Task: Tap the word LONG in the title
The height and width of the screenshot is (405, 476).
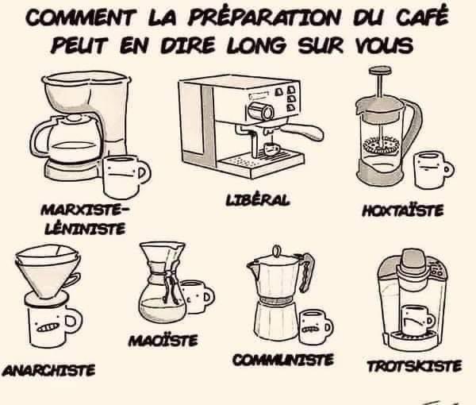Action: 256,45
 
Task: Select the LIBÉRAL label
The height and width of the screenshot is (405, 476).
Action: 257,200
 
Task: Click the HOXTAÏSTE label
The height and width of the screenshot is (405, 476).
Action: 403,210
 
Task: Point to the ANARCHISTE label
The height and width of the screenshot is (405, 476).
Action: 48,370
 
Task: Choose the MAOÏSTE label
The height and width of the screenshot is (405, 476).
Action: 163,341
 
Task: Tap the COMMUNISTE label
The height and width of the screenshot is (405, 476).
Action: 283,360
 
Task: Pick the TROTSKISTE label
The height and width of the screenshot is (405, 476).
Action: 414,366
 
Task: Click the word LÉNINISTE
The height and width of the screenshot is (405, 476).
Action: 85,229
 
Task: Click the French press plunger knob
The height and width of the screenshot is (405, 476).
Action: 380,71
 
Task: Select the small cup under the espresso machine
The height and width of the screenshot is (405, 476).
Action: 271,148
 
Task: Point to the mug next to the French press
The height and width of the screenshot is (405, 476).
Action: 432,170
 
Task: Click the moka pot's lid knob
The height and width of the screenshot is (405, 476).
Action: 277,252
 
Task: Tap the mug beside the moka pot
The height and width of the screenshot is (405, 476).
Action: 313,327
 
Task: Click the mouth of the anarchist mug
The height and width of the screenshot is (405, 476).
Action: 48,327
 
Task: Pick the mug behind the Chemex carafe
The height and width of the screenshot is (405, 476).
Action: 197,296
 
